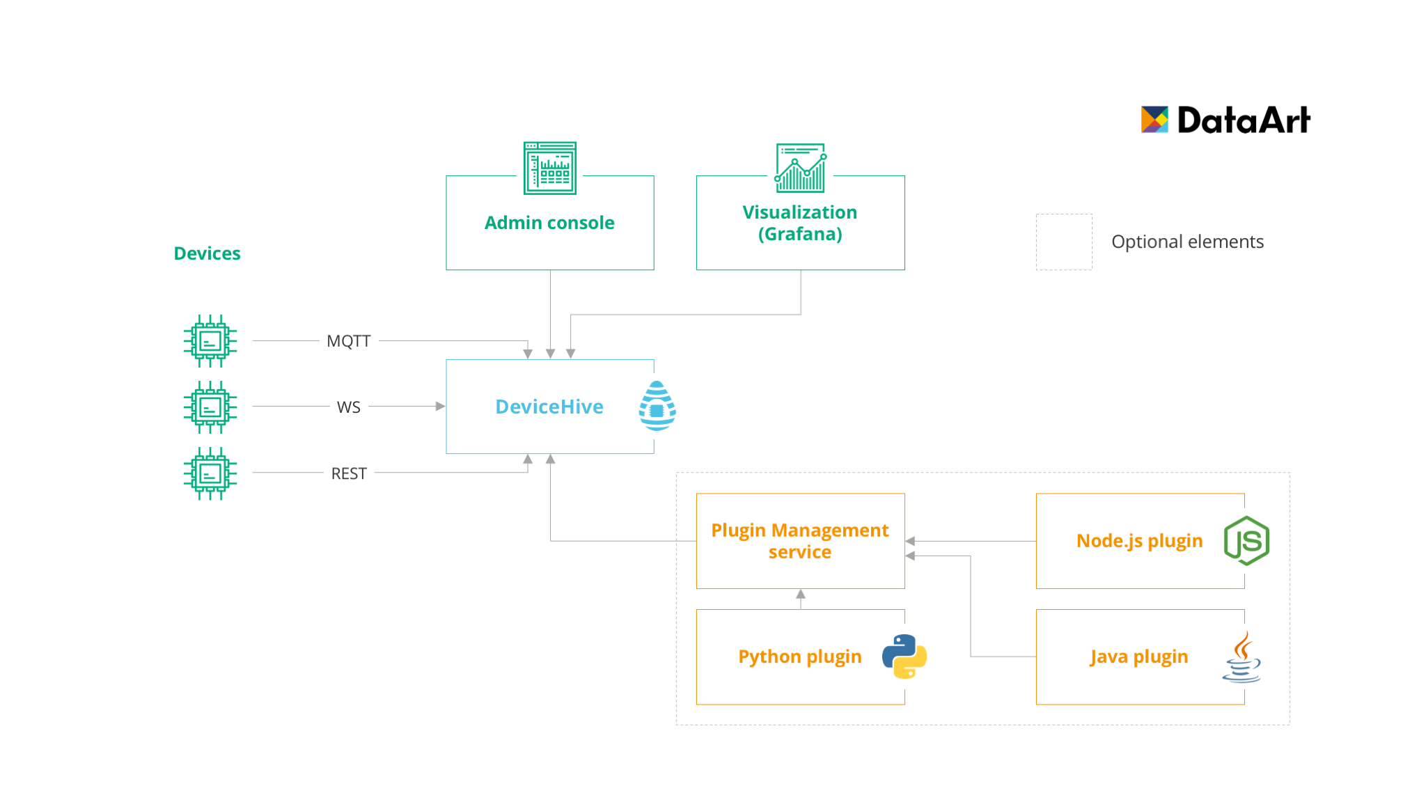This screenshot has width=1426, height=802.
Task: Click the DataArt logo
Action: click(1225, 120)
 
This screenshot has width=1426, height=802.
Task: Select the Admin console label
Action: click(549, 223)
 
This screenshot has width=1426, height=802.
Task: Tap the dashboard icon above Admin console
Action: click(550, 168)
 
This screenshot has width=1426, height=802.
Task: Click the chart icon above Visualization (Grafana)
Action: click(801, 168)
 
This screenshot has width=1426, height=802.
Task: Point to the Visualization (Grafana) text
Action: click(800, 223)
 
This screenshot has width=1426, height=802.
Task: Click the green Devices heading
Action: click(207, 253)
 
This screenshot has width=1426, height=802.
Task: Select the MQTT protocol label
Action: click(349, 341)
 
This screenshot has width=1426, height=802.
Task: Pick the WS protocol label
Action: click(349, 407)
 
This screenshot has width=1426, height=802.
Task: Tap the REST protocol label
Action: click(349, 473)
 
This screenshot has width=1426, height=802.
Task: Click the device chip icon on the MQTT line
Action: click(210, 341)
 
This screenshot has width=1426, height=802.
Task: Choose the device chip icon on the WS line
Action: click(210, 407)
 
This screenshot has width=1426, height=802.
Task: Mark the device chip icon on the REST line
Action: click(210, 473)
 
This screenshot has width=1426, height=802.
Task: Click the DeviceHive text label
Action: click(549, 407)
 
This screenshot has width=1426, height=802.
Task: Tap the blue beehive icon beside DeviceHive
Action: click(657, 406)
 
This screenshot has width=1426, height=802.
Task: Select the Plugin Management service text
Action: click(800, 541)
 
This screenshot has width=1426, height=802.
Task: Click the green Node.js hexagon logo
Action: click(1246, 541)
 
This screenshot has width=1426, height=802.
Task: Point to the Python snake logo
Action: click(904, 656)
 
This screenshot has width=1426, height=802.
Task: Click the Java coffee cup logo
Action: click(1242, 657)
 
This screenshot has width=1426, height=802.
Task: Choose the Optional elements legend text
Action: click(1187, 242)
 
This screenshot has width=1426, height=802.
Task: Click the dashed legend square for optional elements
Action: click(1064, 242)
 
